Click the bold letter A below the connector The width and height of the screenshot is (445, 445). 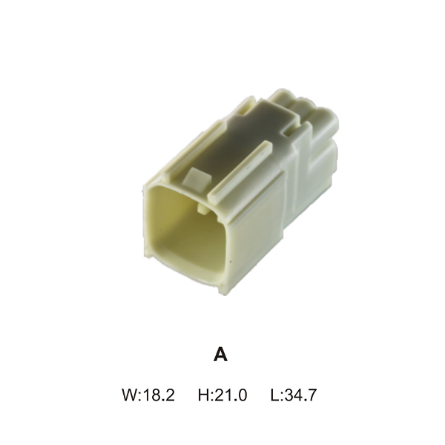pos(220,355)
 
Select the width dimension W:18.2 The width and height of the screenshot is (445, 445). pos(148,395)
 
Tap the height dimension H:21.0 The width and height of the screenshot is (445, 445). pos(222,395)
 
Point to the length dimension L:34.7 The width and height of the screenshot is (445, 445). pos(293,395)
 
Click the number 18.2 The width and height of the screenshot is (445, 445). pos(159,395)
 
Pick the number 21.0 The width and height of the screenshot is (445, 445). pos(231,395)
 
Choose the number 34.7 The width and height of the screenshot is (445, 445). pos(300,395)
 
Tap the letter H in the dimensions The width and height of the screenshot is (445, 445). pos(203,395)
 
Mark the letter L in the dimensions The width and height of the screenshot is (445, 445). pos(274,395)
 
